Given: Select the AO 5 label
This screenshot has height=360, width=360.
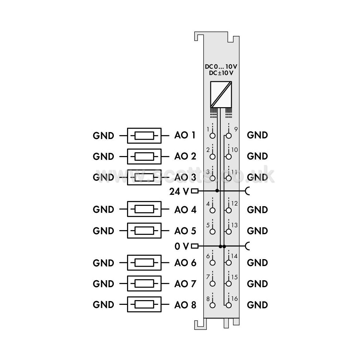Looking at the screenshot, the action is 185,231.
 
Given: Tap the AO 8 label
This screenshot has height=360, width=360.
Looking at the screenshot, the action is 185,305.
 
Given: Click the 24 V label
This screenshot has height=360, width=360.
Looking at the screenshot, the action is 179,191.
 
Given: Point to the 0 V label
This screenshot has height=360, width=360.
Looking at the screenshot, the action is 182,246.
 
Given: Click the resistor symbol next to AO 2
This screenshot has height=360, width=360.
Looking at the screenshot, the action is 144,157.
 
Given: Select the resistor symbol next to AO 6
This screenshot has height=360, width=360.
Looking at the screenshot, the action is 144,263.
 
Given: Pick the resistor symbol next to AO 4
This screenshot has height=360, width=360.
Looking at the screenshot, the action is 144,209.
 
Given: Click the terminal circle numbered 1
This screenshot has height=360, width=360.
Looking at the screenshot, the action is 212,136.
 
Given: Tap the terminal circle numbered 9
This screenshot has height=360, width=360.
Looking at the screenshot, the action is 229,136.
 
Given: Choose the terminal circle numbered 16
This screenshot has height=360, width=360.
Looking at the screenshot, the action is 229,305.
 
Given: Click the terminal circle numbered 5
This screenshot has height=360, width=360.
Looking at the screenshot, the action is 212,231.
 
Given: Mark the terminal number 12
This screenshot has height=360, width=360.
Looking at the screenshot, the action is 235,203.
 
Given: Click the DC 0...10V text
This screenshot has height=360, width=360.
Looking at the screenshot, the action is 221,67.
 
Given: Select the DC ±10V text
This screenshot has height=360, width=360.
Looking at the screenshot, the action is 221,73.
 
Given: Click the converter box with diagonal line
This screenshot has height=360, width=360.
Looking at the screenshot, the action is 221,94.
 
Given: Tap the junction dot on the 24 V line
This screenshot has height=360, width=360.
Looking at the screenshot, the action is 217,191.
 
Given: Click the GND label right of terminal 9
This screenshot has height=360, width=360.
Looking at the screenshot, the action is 257,135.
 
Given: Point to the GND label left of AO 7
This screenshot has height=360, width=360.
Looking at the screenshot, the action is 103,284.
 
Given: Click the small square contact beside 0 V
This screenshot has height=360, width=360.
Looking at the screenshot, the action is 195,246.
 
